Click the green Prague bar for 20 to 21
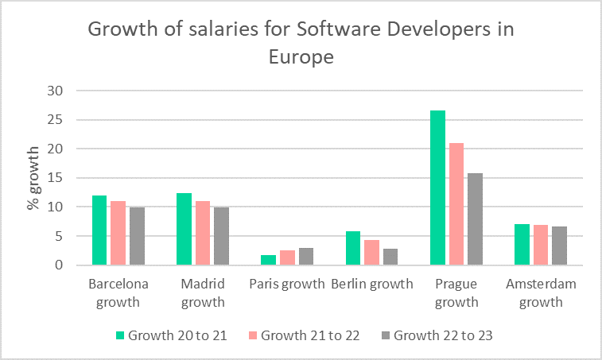point(437,188)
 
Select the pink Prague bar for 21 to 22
point(456,204)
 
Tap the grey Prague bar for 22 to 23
point(475,219)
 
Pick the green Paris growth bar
point(269,260)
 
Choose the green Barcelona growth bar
point(99,230)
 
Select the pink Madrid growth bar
point(203,233)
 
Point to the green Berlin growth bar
point(353,248)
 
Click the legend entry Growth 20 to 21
point(172,335)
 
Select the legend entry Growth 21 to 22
point(305,335)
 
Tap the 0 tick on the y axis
point(58,265)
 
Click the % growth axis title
point(33,178)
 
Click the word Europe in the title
point(300,58)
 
